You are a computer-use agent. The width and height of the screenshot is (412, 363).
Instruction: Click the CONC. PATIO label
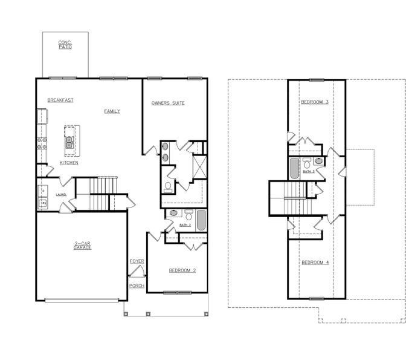[65, 44]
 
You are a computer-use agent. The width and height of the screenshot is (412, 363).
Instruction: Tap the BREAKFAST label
[60, 100]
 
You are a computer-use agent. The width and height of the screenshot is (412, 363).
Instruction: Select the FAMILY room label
[112, 111]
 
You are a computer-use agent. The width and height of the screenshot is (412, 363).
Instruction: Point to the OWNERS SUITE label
[168, 103]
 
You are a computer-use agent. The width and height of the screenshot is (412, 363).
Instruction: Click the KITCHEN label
[68, 163]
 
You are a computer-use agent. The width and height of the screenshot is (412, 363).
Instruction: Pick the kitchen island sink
[69, 142]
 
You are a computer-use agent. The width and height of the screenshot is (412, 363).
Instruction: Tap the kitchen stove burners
[42, 143]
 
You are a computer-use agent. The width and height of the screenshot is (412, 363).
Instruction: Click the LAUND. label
[61, 194]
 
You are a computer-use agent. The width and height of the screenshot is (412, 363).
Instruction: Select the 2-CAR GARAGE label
[82, 246]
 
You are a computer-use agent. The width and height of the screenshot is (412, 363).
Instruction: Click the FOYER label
[137, 261]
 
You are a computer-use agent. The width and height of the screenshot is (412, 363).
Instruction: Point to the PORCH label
[137, 285]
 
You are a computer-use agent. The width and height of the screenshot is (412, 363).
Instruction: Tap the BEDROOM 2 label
[182, 270]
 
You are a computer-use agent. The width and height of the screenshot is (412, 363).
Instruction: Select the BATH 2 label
[185, 225]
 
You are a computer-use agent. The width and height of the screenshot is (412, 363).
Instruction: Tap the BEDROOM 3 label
[315, 102]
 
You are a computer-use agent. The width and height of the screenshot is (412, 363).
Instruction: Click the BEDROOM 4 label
[315, 262]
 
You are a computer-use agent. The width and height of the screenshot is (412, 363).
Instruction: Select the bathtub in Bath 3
[294, 169]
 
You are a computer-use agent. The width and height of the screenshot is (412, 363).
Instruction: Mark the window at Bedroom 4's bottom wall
[316, 298]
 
